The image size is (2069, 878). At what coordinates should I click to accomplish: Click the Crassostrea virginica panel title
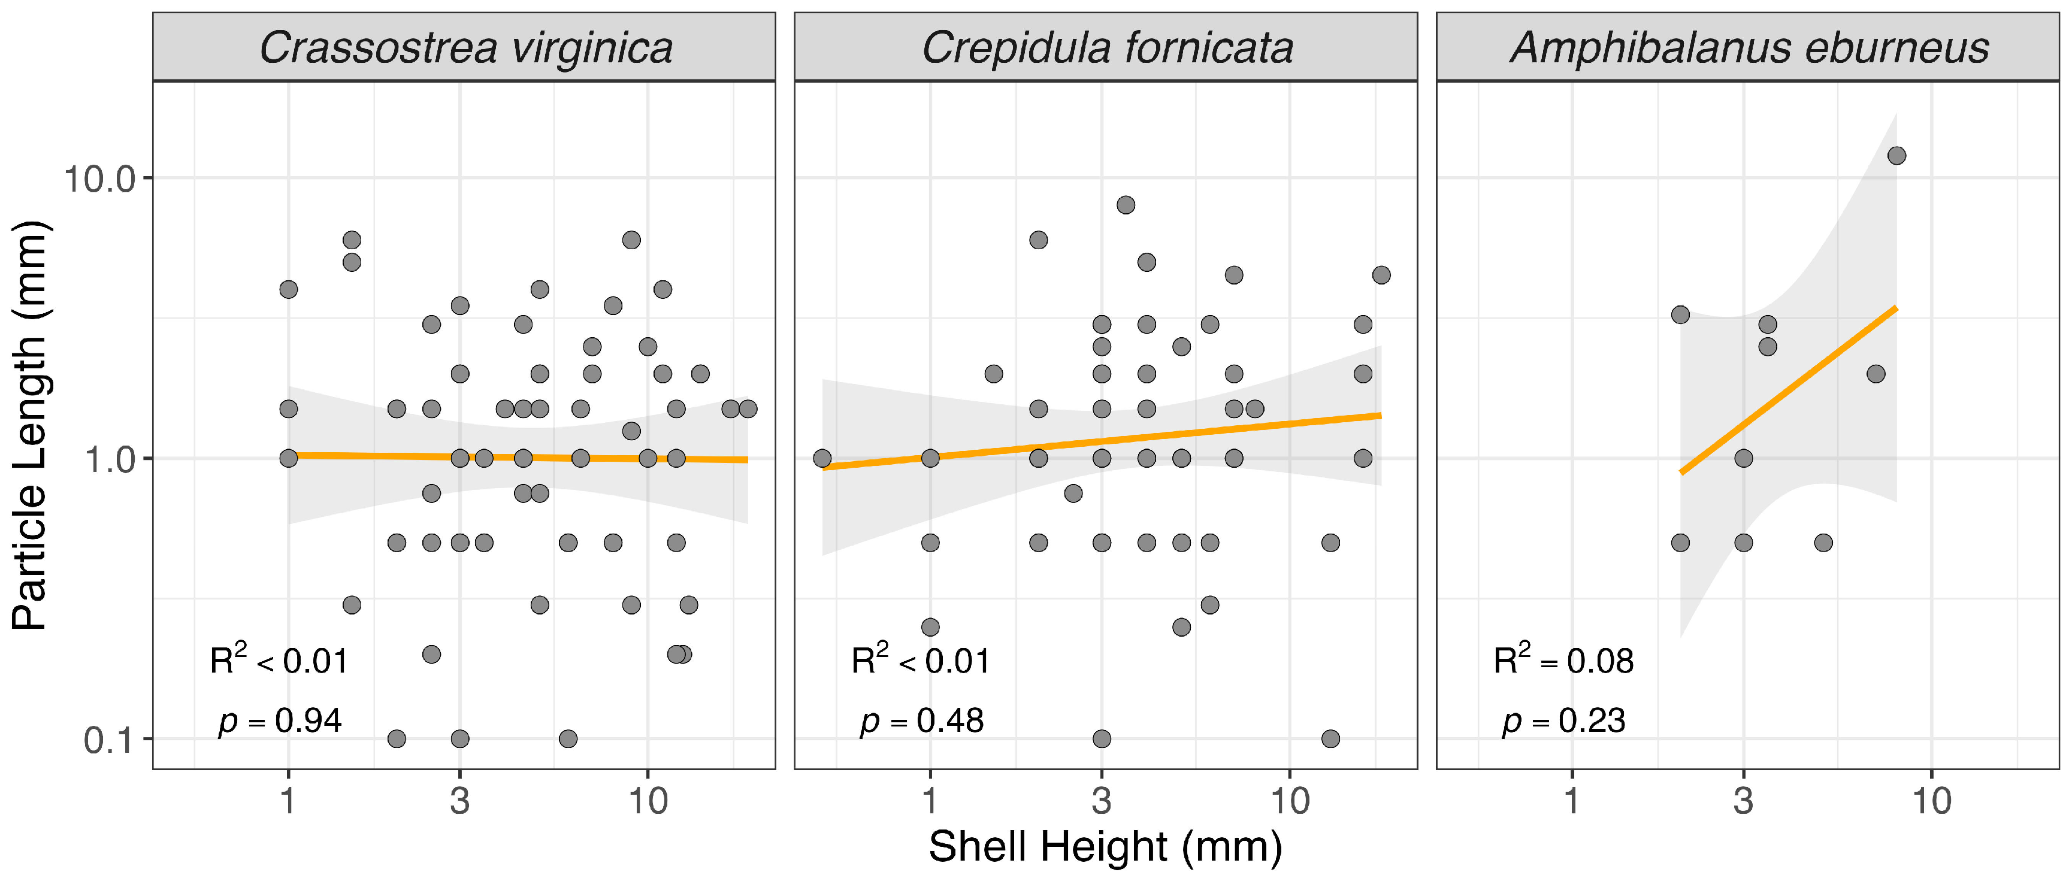pyautogui.click(x=466, y=48)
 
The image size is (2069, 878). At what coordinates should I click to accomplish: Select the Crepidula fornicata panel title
pyautogui.click(x=1107, y=48)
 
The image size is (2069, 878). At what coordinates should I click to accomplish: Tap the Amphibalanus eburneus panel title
pyautogui.click(x=1749, y=48)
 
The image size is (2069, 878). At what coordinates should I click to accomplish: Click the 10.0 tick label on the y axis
pyautogui.click(x=99, y=178)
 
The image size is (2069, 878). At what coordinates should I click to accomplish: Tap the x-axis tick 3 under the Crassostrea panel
pyautogui.click(x=459, y=801)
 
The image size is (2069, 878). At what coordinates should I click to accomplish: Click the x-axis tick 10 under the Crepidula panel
pyautogui.click(x=1290, y=801)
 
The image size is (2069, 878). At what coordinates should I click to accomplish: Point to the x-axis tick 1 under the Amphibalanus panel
pyautogui.click(x=1572, y=801)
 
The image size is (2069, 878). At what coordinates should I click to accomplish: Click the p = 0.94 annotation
pyautogui.click(x=280, y=721)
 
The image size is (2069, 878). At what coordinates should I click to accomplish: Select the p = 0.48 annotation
pyautogui.click(x=921, y=721)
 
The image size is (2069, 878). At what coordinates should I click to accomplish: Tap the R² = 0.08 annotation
pyautogui.click(x=1563, y=659)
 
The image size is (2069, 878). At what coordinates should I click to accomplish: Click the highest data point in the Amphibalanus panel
pyautogui.click(x=1896, y=156)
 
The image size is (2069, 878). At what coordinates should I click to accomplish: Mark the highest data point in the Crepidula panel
pyautogui.click(x=1126, y=205)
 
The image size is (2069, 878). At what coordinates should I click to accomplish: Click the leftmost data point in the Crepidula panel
pyautogui.click(x=822, y=459)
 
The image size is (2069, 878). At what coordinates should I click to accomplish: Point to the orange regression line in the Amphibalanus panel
pyautogui.click(x=1788, y=390)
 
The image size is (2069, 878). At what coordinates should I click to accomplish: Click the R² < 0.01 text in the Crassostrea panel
pyautogui.click(x=279, y=659)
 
